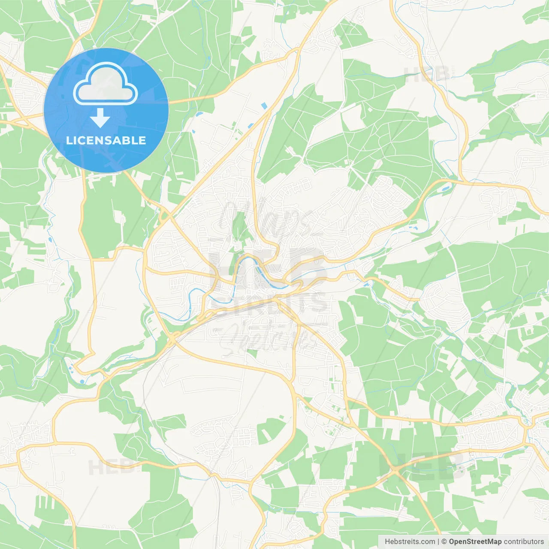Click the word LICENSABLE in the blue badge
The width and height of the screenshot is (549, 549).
[106, 141]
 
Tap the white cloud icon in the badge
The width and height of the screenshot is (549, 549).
[106, 84]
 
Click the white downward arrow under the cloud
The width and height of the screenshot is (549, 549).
[101, 118]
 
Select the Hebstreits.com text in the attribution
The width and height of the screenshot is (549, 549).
[410, 542]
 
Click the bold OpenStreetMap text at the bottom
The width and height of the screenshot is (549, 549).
[475, 542]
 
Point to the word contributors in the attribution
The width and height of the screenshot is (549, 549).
[524, 542]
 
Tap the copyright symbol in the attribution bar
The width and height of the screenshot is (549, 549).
[444, 542]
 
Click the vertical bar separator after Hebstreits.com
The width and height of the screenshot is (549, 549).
[438, 542]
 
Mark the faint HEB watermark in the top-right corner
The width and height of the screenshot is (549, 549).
[427, 75]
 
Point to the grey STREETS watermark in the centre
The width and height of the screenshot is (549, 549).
[270, 303]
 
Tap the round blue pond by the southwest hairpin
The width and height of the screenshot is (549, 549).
[82, 381]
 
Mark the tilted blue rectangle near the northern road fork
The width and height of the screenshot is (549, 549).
[264, 105]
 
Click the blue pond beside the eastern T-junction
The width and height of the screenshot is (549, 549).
[445, 188]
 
